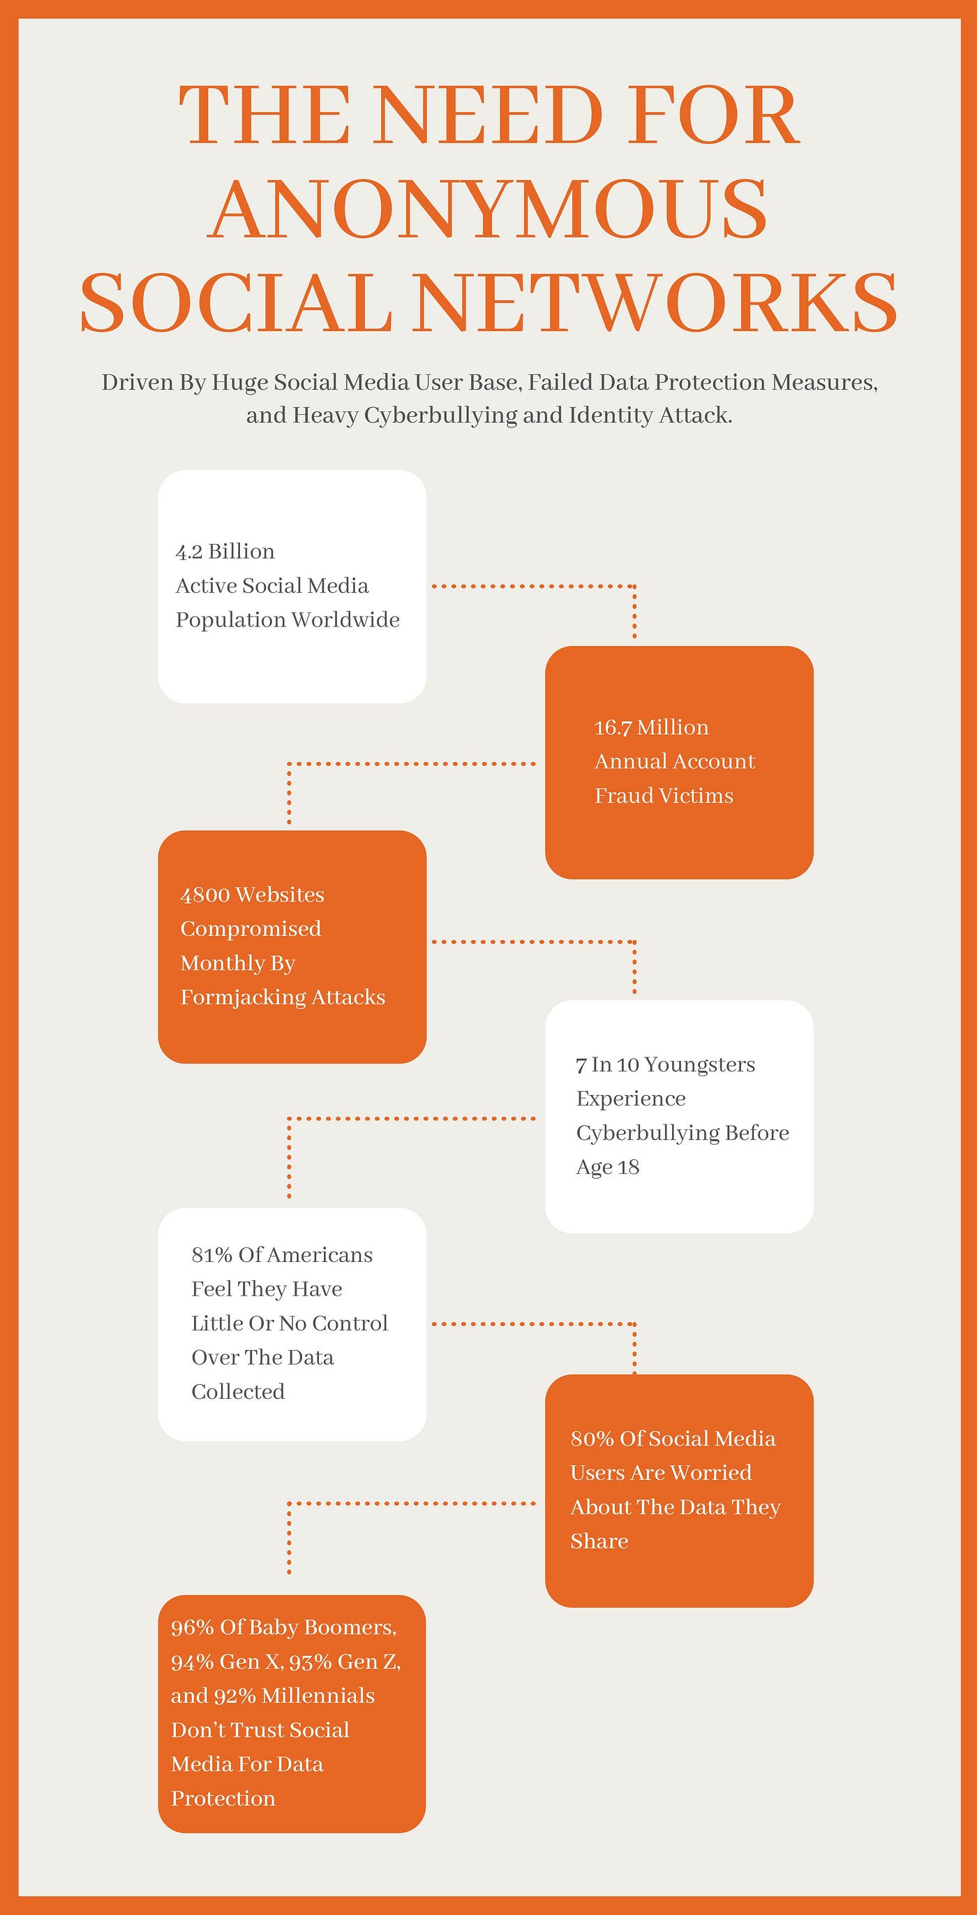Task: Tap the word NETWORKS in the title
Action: pyautogui.click(x=655, y=302)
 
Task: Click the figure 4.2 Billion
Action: pyautogui.click(x=225, y=552)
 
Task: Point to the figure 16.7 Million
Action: pyautogui.click(x=652, y=727)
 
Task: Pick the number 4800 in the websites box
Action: pyautogui.click(x=205, y=895)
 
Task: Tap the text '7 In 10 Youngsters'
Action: pyautogui.click(x=665, y=1064)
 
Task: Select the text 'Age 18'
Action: pyautogui.click(x=608, y=1167)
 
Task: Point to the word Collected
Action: pyautogui.click(x=238, y=1392)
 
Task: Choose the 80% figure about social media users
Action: pyautogui.click(x=592, y=1439)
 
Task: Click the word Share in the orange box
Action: pyautogui.click(x=599, y=1541)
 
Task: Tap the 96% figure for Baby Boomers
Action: pyautogui.click(x=193, y=1627)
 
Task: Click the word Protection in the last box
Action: pyautogui.click(x=223, y=1798)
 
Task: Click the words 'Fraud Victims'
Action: pyautogui.click(x=664, y=795)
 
